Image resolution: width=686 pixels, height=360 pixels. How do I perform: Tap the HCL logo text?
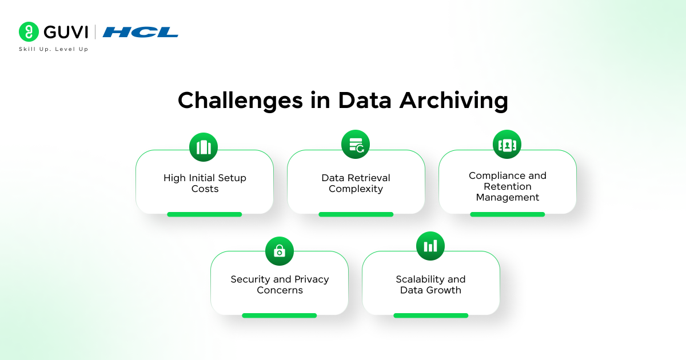140,33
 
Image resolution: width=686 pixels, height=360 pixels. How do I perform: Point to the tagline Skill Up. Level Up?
53,49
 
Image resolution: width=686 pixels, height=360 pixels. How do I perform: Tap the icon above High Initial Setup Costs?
204,147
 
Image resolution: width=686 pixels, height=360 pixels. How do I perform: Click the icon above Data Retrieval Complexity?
356,144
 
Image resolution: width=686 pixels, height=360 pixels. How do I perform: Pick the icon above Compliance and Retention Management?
507,144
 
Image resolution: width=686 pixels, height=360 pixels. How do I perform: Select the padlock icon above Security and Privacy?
280,251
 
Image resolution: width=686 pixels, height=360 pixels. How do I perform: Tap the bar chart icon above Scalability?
430,246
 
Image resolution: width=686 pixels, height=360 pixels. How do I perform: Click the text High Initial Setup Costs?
205,183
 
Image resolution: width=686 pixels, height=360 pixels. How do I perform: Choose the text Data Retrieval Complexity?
356,183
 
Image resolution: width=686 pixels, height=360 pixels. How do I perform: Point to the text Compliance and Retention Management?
508,186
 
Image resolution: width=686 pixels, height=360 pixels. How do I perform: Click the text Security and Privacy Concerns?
280,285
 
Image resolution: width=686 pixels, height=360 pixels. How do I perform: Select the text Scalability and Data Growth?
430,285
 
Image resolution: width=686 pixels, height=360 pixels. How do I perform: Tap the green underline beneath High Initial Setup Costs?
204,214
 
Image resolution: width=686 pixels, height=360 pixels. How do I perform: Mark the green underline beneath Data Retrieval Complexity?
356,214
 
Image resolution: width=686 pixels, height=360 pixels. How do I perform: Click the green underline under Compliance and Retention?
507,214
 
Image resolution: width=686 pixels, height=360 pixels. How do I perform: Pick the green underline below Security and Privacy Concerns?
279,315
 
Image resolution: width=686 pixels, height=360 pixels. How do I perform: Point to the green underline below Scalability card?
430,315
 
